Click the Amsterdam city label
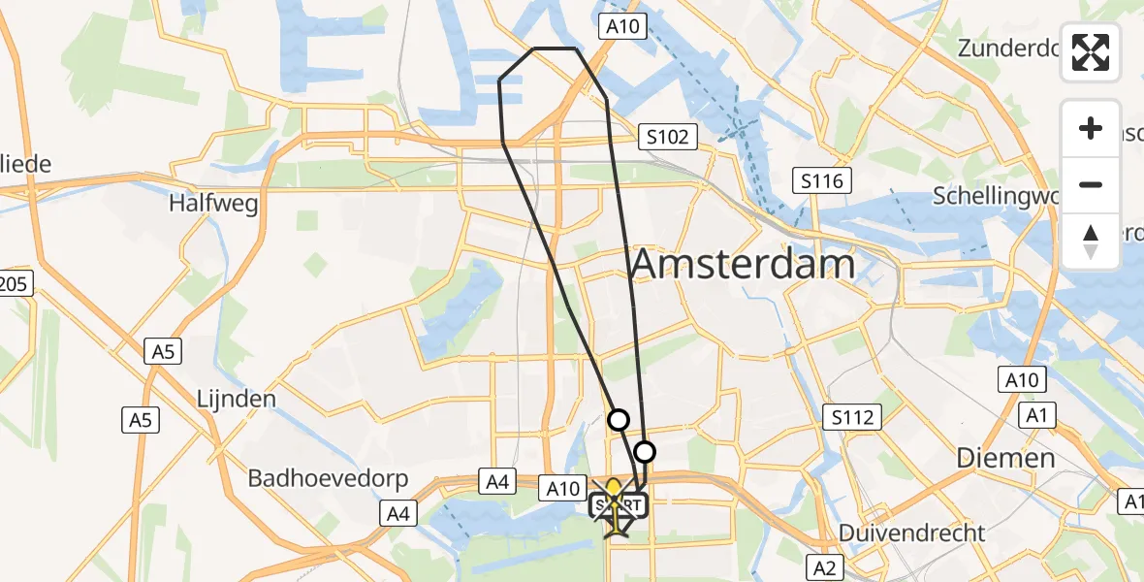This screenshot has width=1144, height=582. pos(744,264)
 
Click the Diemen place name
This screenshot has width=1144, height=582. pos(1005,458)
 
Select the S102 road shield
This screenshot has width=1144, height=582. pos(670,137)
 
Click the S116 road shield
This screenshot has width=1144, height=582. pos(822,179)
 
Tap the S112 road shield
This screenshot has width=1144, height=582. pos(852,418)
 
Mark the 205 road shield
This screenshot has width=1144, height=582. pos(15,283)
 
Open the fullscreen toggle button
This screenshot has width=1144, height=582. pos(1091,52)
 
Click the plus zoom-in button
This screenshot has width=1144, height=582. pos(1091,128)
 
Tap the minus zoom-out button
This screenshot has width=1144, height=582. pos(1091,184)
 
